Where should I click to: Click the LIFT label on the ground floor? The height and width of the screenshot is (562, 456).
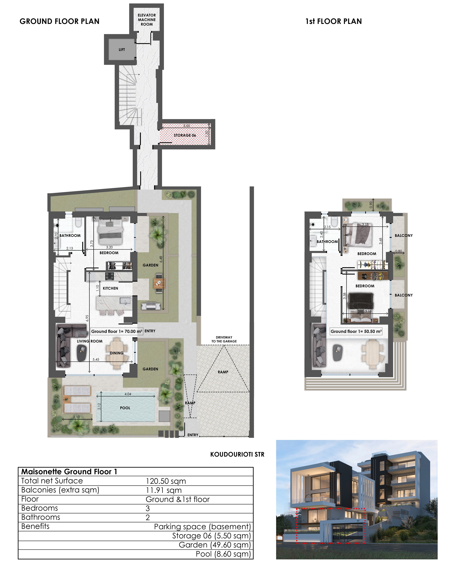(x=122, y=50)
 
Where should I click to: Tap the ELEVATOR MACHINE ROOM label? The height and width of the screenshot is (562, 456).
(x=147, y=20)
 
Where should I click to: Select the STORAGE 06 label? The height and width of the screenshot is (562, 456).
(x=185, y=135)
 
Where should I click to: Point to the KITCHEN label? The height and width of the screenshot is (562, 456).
(x=110, y=288)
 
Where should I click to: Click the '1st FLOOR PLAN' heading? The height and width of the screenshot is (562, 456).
(x=334, y=21)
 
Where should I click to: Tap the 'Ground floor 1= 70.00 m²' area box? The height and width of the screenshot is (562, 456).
(x=117, y=331)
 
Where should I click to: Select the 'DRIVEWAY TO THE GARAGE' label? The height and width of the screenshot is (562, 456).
(x=224, y=339)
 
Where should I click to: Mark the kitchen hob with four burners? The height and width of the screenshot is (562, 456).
(x=110, y=276)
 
